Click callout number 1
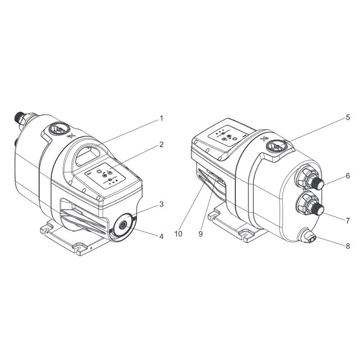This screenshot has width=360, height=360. tap(162, 118)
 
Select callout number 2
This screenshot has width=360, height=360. tap(162, 144)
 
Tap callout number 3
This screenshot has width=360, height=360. tap(162, 204)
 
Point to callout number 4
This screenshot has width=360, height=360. tap(162, 236)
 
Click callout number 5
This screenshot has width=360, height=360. tap(348, 117)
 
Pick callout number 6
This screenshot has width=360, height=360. tap(348, 176)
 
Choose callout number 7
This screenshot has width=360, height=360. tap(348, 220)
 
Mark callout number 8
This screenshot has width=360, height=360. tap(348, 246)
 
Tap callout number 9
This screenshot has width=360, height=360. tap(201, 234)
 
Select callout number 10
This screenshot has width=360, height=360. tap(178, 234)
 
